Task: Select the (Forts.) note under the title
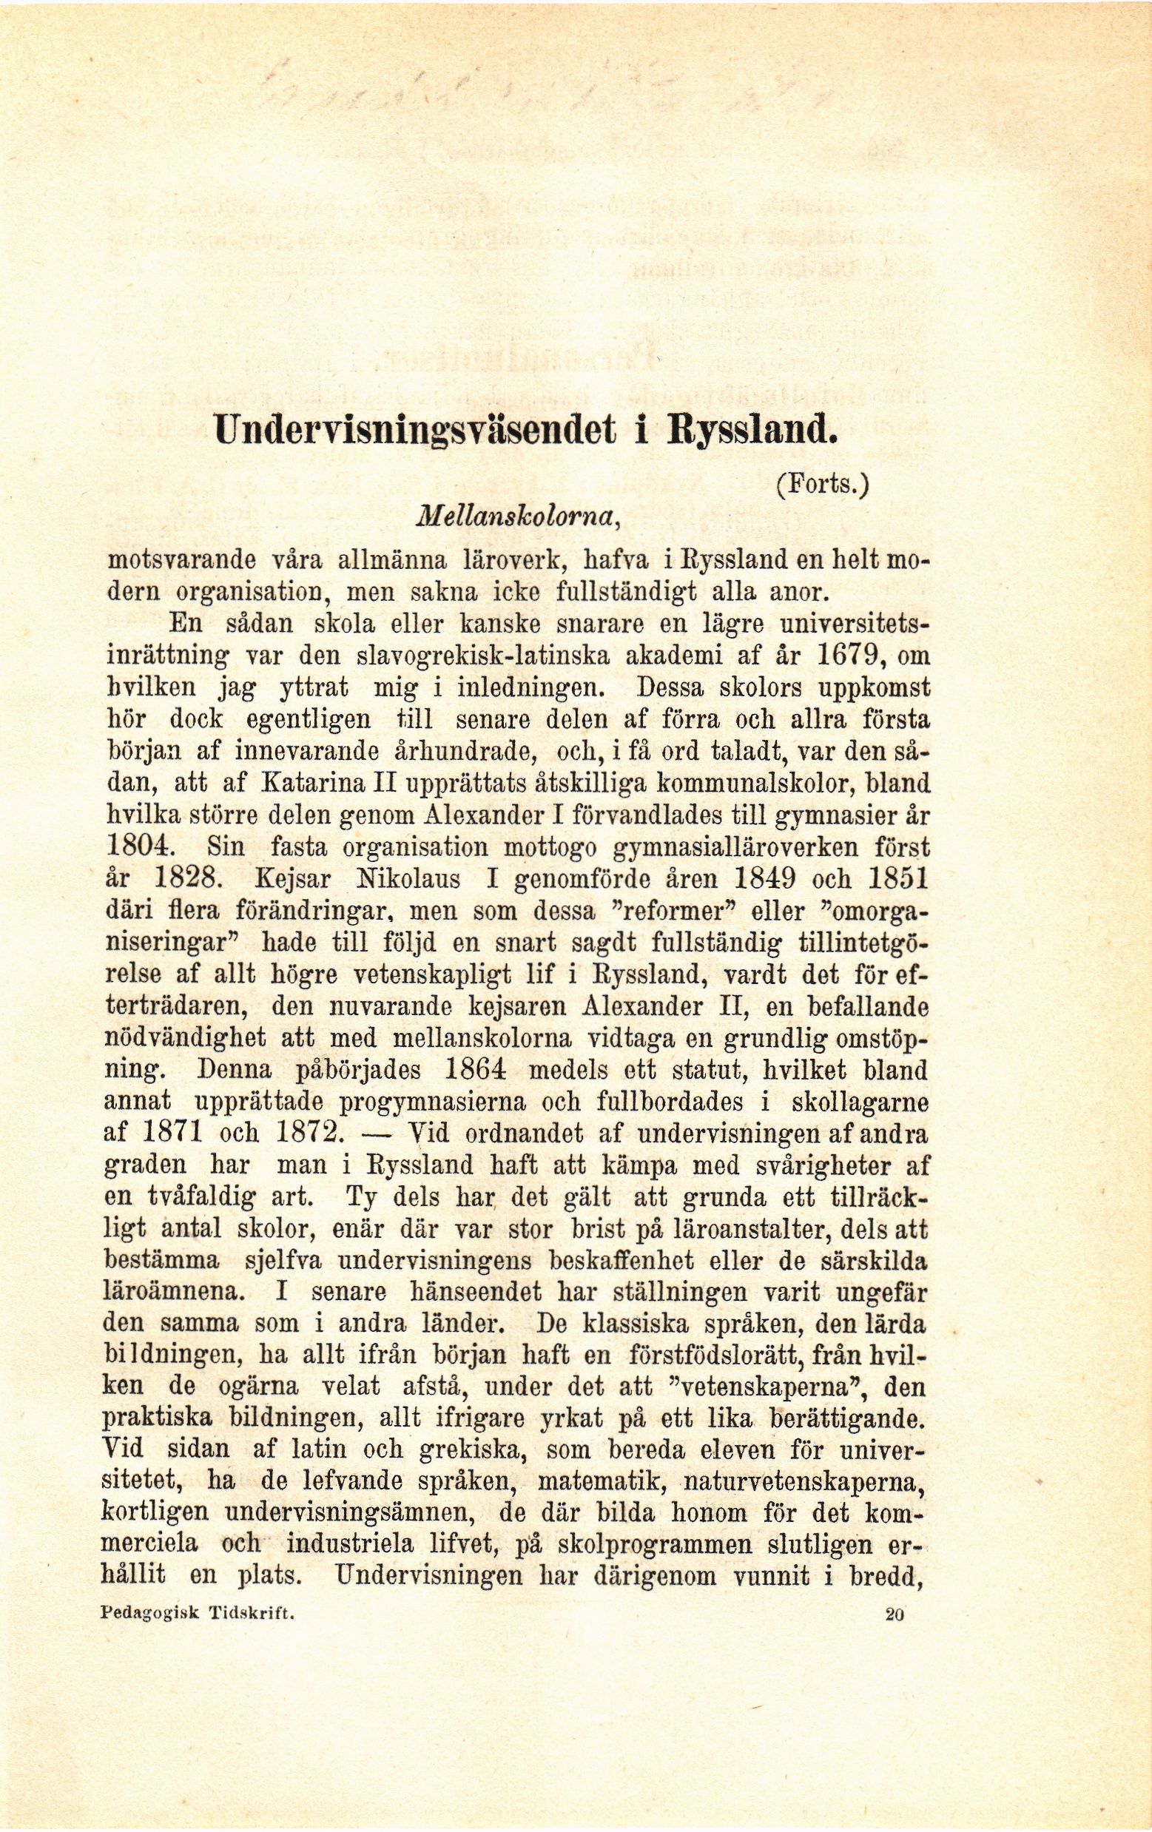822,484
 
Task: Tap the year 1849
765,879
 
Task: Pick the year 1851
898,879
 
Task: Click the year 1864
474,1071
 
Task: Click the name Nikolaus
409,879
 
